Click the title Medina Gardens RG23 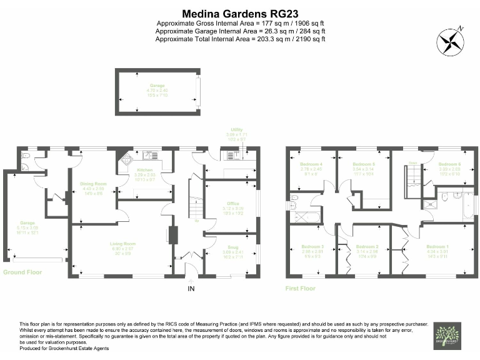click(x=241, y=12)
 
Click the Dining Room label click(x=93, y=184)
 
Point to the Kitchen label click(x=144, y=170)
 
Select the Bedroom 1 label click(x=437, y=247)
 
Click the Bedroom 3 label click(x=307, y=247)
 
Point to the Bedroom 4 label click(x=311, y=164)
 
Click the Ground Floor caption click(x=22, y=272)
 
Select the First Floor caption click(x=301, y=288)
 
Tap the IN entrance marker click(x=191, y=288)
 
